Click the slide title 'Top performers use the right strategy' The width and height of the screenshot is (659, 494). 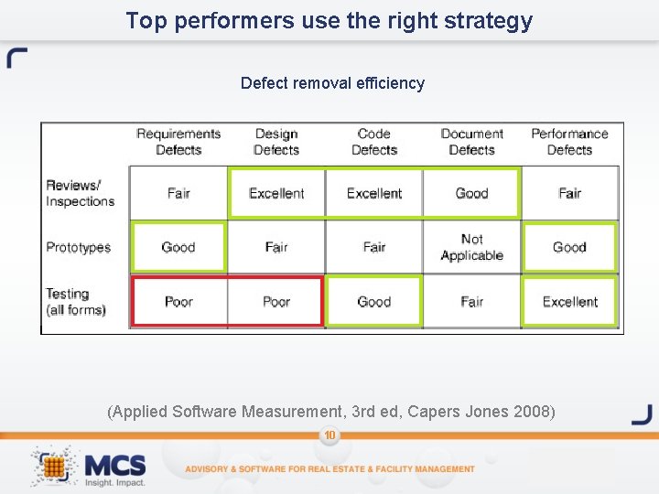click(329, 21)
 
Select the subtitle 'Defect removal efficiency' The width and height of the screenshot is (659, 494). click(332, 83)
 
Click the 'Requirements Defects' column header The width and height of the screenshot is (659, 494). click(178, 142)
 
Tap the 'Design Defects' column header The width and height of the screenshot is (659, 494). click(276, 142)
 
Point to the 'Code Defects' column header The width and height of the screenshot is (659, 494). click(374, 142)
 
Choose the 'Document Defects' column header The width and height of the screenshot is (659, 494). click(472, 142)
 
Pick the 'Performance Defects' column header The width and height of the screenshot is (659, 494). click(569, 142)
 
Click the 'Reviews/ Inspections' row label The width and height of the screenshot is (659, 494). click(81, 193)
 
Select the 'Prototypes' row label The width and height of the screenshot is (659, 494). click(79, 247)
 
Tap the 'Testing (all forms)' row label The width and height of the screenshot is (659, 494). click(76, 302)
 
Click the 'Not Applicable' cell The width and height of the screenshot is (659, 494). click(472, 247)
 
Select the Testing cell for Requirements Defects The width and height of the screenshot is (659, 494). click(178, 302)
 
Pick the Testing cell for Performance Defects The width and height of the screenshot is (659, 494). click(569, 302)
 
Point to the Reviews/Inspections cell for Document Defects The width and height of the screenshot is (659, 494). click(472, 193)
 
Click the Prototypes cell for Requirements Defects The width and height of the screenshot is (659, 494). click(178, 247)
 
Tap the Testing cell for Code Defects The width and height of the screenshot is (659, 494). click(374, 302)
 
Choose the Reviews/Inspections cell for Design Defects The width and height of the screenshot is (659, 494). click(276, 193)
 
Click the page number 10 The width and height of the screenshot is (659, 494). click(329, 435)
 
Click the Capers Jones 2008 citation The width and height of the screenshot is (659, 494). click(331, 412)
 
